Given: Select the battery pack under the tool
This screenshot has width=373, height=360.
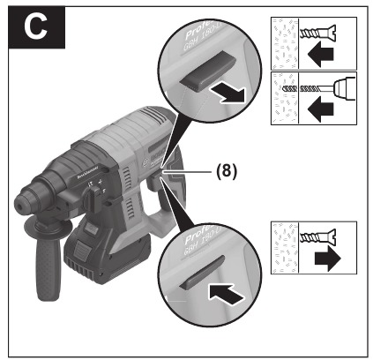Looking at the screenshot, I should pos(96,249).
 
